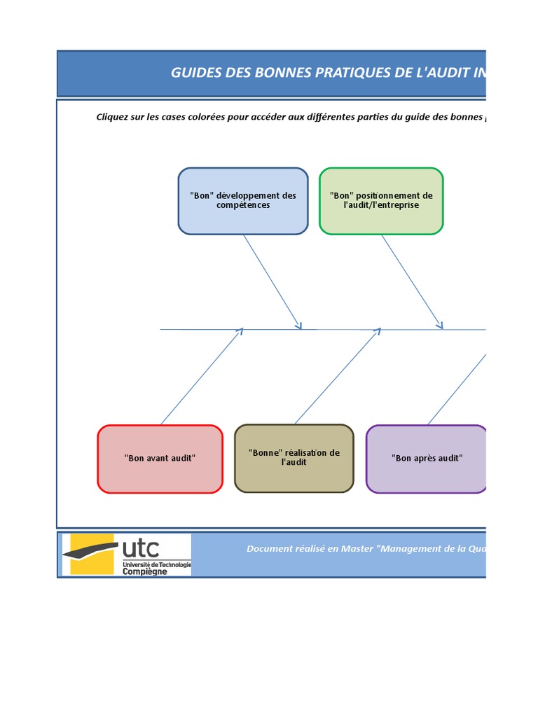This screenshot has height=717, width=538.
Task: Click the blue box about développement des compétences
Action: pyautogui.click(x=242, y=201)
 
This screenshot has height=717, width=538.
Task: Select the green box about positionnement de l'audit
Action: pyautogui.click(x=381, y=201)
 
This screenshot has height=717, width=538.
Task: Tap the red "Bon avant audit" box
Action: pyautogui.click(x=160, y=459)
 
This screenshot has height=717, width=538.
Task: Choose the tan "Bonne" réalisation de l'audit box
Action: pyautogui.click(x=294, y=458)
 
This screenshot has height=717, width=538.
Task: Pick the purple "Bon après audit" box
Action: pyautogui.click(x=427, y=459)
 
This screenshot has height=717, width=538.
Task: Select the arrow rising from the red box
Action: pyautogui.click(x=201, y=377)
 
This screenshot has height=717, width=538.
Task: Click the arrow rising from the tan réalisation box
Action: pyautogui.click(x=337, y=377)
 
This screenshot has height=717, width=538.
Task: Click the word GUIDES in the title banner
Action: pyautogui.click(x=192, y=74)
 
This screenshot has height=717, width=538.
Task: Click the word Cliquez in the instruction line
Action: pyautogui.click(x=112, y=117)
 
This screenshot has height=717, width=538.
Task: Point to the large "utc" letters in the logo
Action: pyautogui.click(x=141, y=547)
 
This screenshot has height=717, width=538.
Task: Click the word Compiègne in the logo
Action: pyautogui.click(x=145, y=571)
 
